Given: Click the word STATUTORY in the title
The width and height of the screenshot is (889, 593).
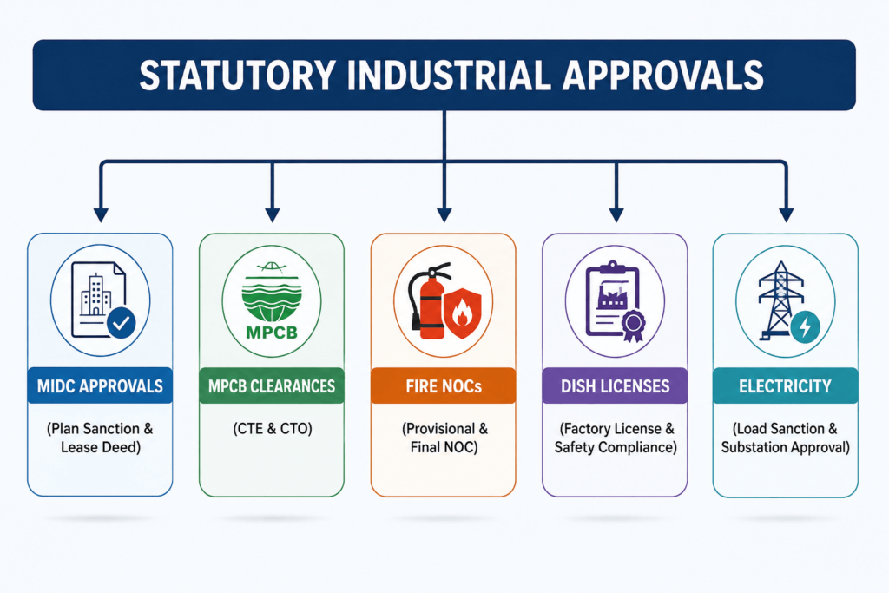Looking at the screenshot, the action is coord(237,76).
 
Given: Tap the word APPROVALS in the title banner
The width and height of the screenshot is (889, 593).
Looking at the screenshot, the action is coord(662,76).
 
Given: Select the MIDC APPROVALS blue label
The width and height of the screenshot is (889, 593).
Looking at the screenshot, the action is coord(100,385).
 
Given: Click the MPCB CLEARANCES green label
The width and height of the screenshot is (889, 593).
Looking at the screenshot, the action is coord(272,385).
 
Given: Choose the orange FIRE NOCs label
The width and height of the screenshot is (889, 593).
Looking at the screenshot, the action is coord(444,385).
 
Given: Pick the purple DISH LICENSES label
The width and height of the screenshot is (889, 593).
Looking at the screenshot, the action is coord(616,385).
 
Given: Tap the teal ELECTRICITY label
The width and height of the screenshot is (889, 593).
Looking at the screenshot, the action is coord(785,385).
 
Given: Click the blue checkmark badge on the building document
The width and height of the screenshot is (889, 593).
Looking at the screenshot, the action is coord(122,323).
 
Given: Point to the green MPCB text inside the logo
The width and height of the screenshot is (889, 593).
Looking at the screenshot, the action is coord(272,333).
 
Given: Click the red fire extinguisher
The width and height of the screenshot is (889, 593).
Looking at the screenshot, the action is coord(430,300).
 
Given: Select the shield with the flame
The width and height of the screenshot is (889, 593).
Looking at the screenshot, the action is coord(463,313).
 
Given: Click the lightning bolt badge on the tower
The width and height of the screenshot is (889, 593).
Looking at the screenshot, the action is coord(805,327).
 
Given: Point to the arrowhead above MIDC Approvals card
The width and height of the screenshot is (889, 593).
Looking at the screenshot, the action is coord(101,214).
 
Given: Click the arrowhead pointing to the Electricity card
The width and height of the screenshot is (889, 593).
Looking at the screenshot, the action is coord(787,214).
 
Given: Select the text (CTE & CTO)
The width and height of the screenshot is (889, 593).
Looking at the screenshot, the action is coord(272,429).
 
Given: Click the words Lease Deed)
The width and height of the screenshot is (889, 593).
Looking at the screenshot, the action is coord(101,447).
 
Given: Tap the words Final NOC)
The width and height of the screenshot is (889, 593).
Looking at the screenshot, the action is coord(444,447).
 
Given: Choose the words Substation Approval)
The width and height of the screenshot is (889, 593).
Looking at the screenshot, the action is coord(785,447).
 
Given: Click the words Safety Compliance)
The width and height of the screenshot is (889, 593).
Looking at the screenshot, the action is coord(616,447).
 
